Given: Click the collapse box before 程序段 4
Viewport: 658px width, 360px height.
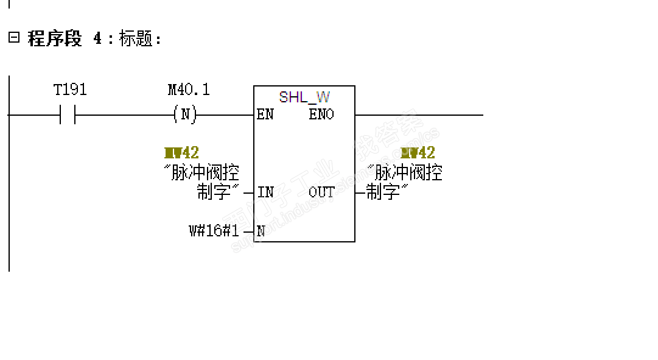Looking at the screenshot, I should [x=13, y=38].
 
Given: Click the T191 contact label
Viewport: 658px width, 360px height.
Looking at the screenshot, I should [x=70, y=90].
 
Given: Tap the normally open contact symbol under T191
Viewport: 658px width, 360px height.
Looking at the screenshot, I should [x=68, y=115].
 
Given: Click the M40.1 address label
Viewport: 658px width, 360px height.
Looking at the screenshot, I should [x=189, y=90].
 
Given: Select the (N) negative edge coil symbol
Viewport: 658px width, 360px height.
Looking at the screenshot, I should [x=185, y=115].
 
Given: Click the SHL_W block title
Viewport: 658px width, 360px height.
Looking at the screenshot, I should [x=304, y=97].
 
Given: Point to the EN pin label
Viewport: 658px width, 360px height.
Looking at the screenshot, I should [x=265, y=115].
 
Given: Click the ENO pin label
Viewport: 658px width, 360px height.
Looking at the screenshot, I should [x=321, y=115].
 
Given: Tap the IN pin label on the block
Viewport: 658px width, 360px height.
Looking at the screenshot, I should [x=265, y=192].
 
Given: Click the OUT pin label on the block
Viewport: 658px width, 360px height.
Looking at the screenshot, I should [x=321, y=192].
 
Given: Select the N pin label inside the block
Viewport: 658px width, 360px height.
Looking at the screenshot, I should [x=261, y=231].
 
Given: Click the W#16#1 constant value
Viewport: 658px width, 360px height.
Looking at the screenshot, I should [x=214, y=231].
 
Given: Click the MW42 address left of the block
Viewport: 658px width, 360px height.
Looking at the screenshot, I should [x=181, y=153].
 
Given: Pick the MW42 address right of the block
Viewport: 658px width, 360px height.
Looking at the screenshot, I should [x=418, y=153].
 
